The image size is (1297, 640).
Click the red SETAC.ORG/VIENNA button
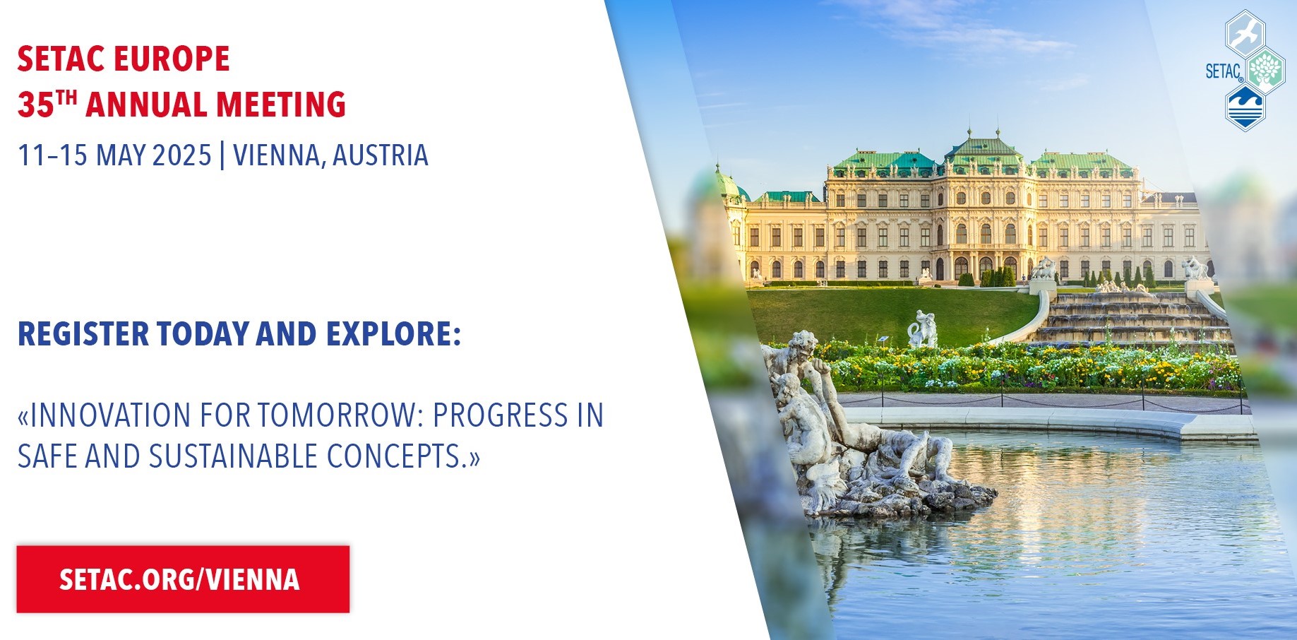point(183,579)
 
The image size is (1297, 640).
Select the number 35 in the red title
point(36,105)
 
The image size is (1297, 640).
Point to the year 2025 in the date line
point(182,155)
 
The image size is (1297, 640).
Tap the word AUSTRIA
point(380,155)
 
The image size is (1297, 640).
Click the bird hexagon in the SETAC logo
point(1245,32)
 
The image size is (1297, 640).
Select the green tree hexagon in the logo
point(1265,71)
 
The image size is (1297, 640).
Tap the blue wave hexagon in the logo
point(1245,107)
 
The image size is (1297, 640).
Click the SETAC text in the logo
point(1224,71)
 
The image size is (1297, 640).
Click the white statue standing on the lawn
point(923,328)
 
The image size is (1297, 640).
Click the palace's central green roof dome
point(983,147)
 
